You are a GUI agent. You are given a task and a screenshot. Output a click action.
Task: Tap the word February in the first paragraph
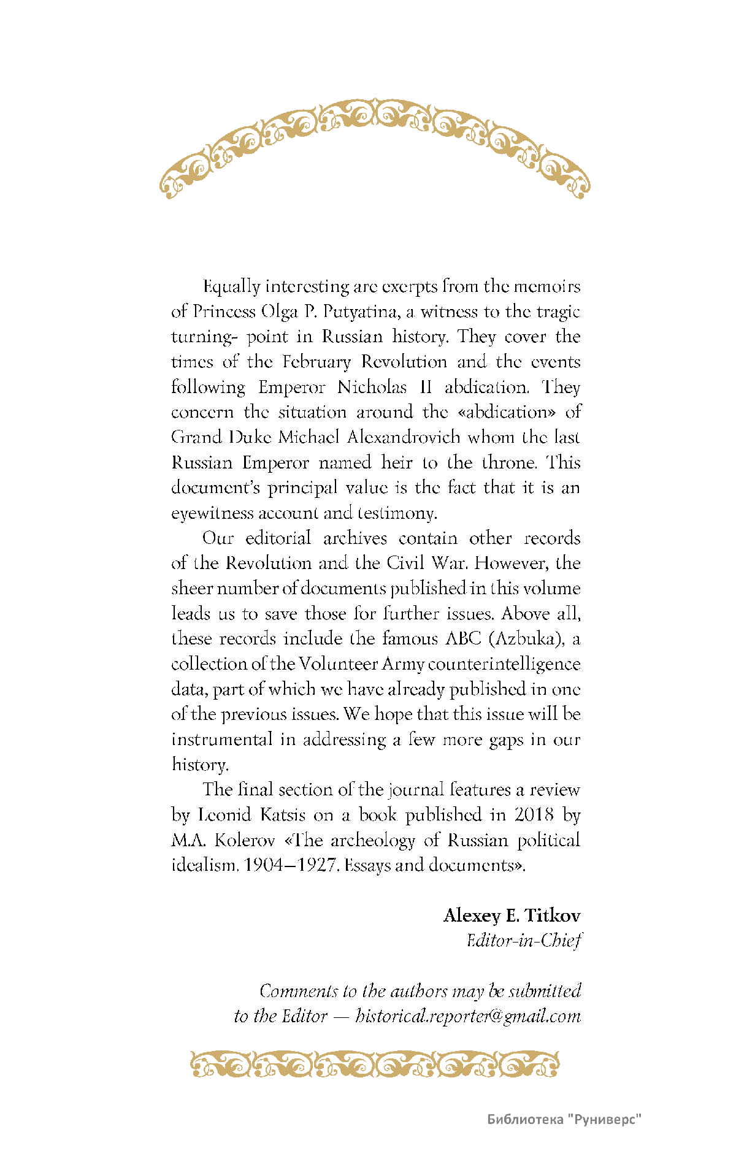[x=316, y=362]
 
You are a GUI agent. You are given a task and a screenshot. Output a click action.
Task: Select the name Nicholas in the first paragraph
[x=372, y=388]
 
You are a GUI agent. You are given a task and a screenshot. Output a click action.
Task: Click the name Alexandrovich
[x=404, y=437]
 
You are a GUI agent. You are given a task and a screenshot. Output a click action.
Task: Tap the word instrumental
[x=221, y=740]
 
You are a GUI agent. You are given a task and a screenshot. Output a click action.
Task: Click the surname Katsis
[x=282, y=815]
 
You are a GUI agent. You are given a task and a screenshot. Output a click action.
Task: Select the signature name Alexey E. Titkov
[x=512, y=916]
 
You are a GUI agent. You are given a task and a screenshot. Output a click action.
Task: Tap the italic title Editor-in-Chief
[x=523, y=941]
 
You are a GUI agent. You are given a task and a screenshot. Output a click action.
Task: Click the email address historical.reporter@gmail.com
[x=467, y=1016]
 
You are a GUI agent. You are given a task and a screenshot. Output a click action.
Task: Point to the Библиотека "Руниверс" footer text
[x=564, y=1119]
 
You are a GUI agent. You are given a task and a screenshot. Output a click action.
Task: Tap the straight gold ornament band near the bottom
[x=374, y=1065]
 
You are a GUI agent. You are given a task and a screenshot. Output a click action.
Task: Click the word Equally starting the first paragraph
[x=231, y=287]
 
